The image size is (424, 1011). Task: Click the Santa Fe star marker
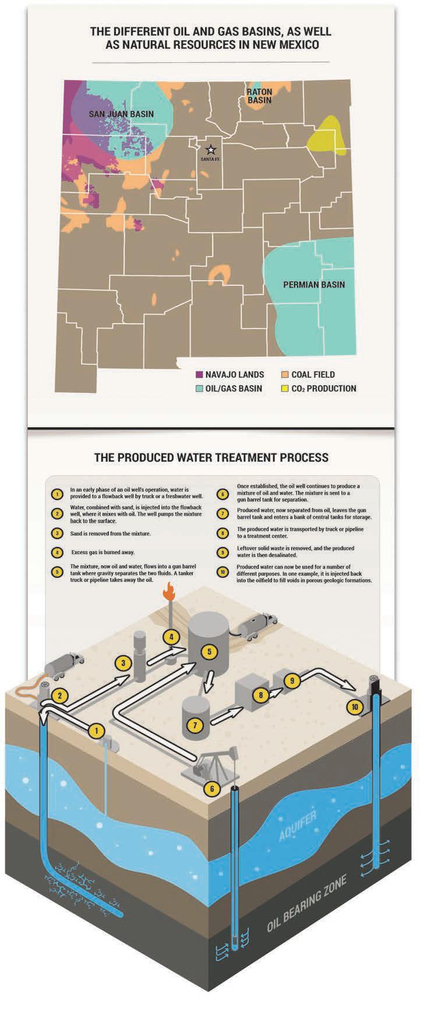coord(210,150)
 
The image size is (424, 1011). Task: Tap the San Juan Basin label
coord(121,114)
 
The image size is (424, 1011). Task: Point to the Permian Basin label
coord(313,285)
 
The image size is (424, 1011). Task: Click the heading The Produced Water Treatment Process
coord(211,457)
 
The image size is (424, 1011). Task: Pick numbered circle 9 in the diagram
coord(294,679)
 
